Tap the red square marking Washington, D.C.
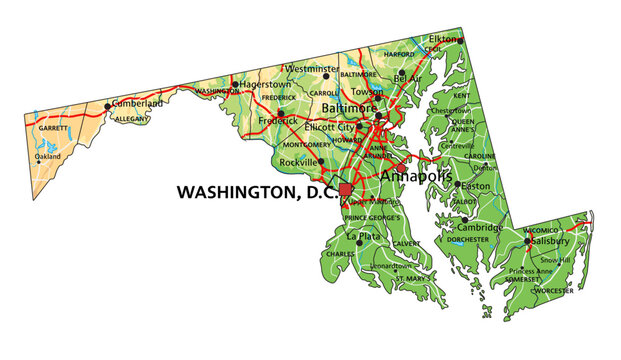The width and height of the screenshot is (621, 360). pyautogui.click(x=346, y=190)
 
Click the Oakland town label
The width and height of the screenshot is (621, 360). pyautogui.click(x=47, y=157)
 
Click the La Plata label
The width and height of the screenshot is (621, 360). pyautogui.click(x=364, y=237)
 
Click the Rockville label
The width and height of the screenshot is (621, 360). pyautogui.click(x=299, y=161)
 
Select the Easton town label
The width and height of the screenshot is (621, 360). pyautogui.click(x=474, y=185)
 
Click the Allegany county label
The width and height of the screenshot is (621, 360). pyautogui.click(x=132, y=119)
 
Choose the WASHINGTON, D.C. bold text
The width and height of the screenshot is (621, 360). pyautogui.click(x=256, y=191)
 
